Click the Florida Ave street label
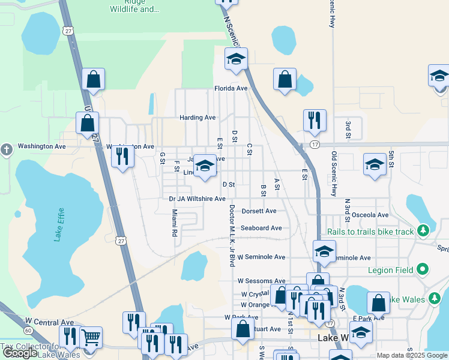231,88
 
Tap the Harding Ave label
197,118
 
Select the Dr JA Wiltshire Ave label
197,199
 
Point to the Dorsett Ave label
259,211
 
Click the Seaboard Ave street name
261,228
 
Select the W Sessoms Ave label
261,281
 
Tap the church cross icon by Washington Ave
7,149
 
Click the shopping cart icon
91,338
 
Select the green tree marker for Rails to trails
424,231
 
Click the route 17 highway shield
315,145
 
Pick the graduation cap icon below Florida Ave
237,60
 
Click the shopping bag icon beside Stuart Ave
243,329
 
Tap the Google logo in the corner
20,353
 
